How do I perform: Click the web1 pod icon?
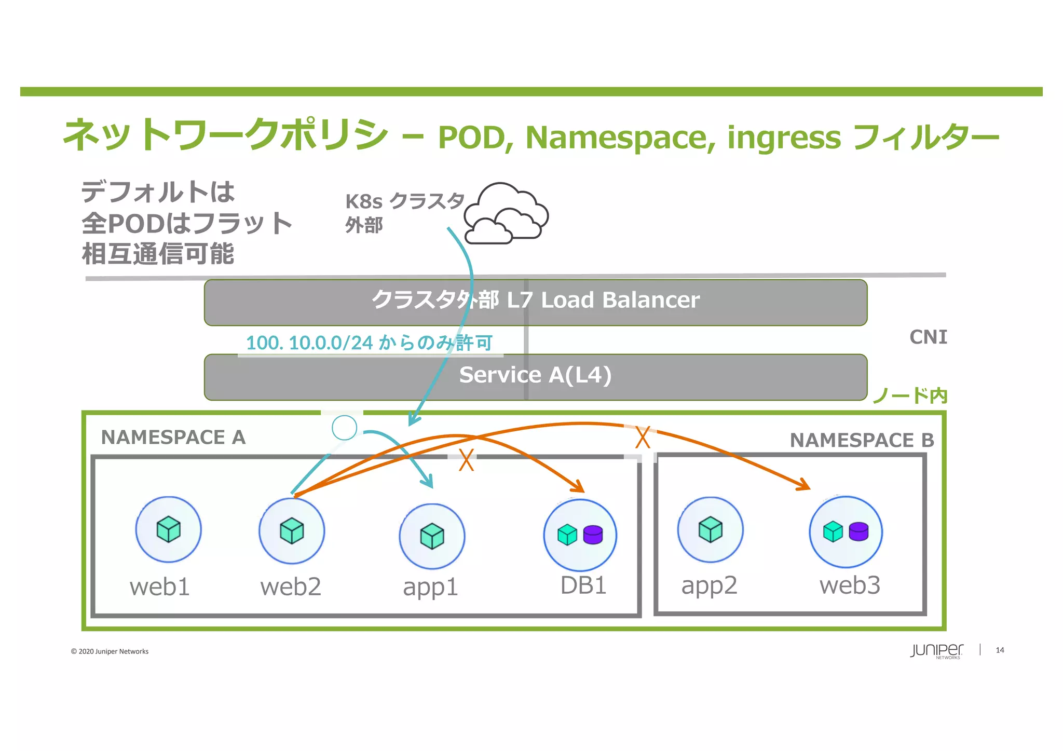pyautogui.click(x=168, y=529)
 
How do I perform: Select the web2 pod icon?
pyautogui.click(x=292, y=531)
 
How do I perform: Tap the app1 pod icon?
pyautogui.click(x=432, y=536)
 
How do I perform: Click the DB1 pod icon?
pyautogui.click(x=580, y=535)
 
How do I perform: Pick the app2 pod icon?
pyautogui.click(x=710, y=530)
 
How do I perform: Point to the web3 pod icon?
pyautogui.click(x=846, y=532)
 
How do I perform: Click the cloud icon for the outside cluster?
pyautogui.click(x=506, y=214)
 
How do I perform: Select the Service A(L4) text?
pyautogui.click(x=535, y=375)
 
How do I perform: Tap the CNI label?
pyautogui.click(x=928, y=337)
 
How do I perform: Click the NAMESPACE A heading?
pyautogui.click(x=173, y=438)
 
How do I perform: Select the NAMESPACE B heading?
pyautogui.click(x=862, y=441)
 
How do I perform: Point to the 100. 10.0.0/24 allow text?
pyautogui.click(x=369, y=343)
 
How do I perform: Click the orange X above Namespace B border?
pyautogui.click(x=643, y=437)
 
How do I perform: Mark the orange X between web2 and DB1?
pyautogui.click(x=466, y=460)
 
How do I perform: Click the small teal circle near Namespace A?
pyautogui.click(x=344, y=428)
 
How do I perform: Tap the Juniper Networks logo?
pyautogui.click(x=936, y=651)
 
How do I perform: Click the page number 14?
pyautogui.click(x=1000, y=650)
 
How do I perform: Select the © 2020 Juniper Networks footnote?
pyautogui.click(x=110, y=652)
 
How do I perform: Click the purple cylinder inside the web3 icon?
pyautogui.click(x=858, y=532)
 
